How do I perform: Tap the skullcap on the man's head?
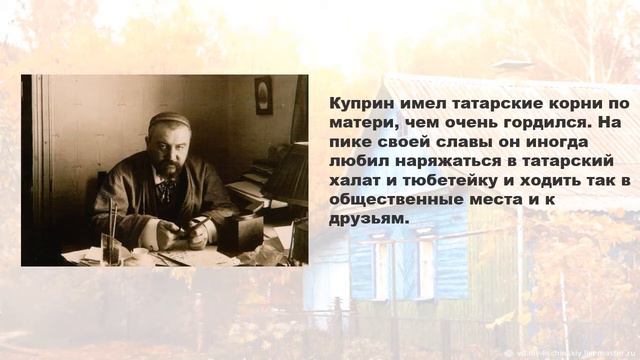click(x=170, y=120)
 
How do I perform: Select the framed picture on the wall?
click(x=263, y=94)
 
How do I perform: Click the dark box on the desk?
click(x=245, y=232)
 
